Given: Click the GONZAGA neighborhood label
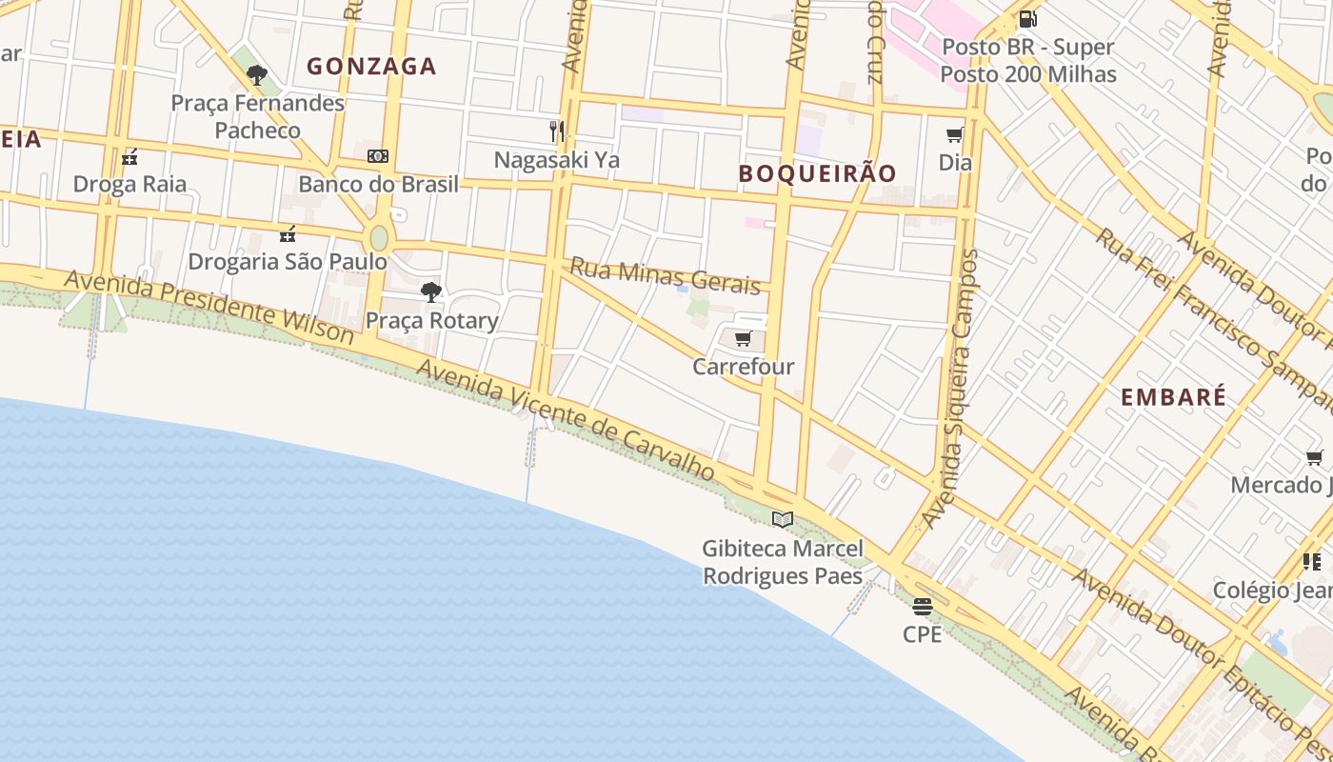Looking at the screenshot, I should point(371,67).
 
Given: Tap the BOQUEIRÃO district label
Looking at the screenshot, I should point(818,173).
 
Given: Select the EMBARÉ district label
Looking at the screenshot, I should point(1173,398).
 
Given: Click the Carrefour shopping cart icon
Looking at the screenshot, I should point(744,339).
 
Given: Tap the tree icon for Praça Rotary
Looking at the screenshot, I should point(431,292).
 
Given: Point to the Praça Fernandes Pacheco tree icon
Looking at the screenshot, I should point(256,75).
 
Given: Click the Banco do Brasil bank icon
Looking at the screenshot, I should point(378,156).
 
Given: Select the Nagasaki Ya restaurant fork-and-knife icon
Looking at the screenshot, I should point(557,131).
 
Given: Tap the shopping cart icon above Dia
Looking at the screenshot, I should point(955,135).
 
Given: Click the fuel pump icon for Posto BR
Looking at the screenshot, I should point(1027,19).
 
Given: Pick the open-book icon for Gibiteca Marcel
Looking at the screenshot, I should point(783,519).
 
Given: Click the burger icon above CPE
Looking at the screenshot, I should point(922,606).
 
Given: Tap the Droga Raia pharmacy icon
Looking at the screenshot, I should point(129,157).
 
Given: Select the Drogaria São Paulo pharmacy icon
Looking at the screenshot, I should point(288,234).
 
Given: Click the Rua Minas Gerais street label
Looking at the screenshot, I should point(665,274).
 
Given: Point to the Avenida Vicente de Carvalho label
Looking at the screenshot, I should point(565,420).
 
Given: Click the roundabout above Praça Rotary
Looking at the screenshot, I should point(379,237).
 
